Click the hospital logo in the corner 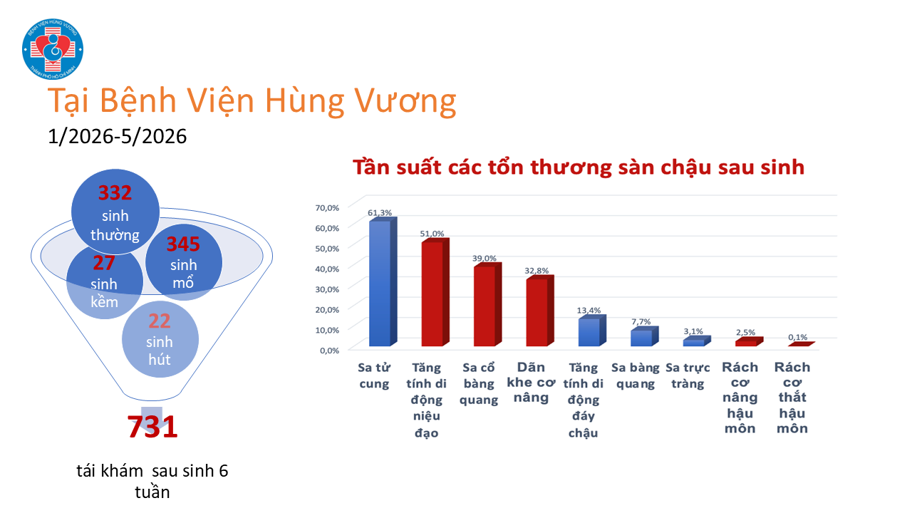53,49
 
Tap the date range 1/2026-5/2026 118,136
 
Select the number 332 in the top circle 115,192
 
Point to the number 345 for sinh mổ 183,244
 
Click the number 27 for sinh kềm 104,263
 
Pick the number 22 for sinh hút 159,321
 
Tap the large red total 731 152,427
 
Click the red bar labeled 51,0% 435,292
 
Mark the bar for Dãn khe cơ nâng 540,311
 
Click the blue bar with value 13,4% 592,331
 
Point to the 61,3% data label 380,212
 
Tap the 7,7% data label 641,321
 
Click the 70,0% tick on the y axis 327,207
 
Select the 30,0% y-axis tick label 327,289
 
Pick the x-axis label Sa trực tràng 688,375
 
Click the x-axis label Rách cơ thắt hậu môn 792,398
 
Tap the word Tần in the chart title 371,167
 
